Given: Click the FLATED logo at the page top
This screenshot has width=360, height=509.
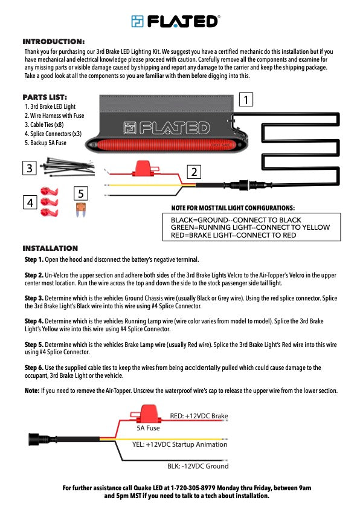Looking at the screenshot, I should click(175, 21).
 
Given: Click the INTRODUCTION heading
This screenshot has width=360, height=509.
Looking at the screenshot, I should click(53, 42).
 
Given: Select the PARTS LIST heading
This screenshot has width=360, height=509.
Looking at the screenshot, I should click(45, 97).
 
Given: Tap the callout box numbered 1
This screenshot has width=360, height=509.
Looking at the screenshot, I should click(246, 99).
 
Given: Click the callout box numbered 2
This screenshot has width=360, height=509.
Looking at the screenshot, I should click(193, 172).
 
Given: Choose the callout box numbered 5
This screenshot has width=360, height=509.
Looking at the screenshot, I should click(82, 193).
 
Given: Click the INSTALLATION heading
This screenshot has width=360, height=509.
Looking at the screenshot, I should click(50, 248).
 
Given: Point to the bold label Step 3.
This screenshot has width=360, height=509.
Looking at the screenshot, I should click(34, 298).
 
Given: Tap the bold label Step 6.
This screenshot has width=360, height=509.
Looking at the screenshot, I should click(34, 368).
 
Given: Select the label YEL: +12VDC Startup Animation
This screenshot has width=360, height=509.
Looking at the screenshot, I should click(189, 444).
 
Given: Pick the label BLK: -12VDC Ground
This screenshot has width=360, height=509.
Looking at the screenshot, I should click(198, 466).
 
